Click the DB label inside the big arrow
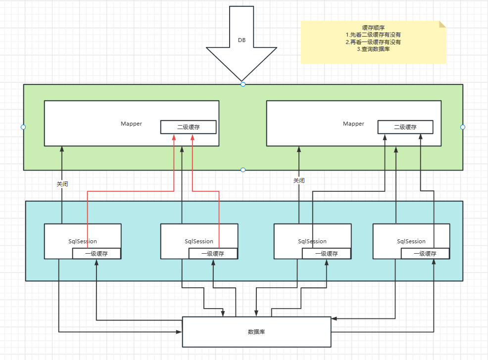pos(242,40)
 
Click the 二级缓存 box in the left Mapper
pos(189,127)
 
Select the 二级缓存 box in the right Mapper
pos(405,127)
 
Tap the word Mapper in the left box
pos(131,124)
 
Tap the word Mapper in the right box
pos(353,124)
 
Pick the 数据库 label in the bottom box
pos(256,332)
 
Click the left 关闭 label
pos(62,184)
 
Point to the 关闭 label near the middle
pos(298,181)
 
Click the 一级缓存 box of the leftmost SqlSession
pos(97,254)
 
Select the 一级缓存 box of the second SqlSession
pos(213,254)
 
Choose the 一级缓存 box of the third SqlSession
pos(327,254)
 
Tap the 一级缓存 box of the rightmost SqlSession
pos(425,254)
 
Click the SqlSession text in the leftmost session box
pos(83,241)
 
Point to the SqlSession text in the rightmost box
pos(411,241)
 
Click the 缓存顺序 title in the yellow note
pos(373,28)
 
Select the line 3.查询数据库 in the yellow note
pos(373,49)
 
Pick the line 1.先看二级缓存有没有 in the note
pos(373,35)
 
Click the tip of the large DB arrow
pos(242,80)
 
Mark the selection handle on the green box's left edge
pos(23,127)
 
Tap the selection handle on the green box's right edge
pos(463,127)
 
